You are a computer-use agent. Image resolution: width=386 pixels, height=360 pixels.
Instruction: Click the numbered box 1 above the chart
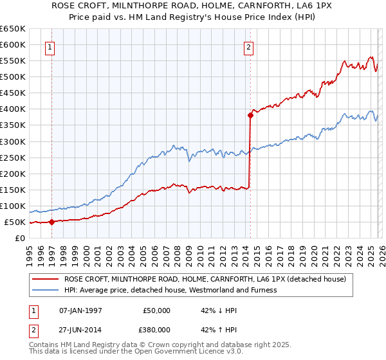pyautogui.click(x=50, y=46)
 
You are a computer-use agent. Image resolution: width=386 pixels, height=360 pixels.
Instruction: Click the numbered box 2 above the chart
pyautogui.click(x=248, y=46)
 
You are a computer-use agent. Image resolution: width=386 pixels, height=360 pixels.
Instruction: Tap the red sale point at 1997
pyautogui.click(x=52, y=222)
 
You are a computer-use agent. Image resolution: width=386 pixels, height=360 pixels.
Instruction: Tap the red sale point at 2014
pyautogui.click(x=250, y=116)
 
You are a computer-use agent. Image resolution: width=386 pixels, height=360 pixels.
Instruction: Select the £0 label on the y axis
pyautogui.click(x=19, y=239)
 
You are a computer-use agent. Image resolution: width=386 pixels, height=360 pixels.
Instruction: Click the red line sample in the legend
pyautogui.click(x=46, y=279)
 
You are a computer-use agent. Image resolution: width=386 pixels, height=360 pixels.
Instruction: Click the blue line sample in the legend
pyautogui.click(x=46, y=290)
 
